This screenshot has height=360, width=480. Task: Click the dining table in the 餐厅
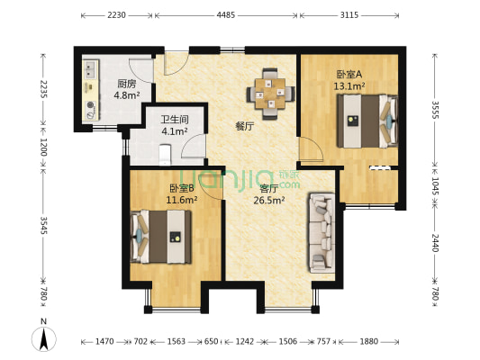(x=270, y=91)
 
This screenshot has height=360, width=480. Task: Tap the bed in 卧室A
(x=365, y=121)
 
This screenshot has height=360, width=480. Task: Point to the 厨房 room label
(x=127, y=84)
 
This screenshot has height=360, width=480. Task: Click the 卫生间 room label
(x=174, y=119)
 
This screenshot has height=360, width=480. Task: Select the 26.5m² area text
(x=271, y=202)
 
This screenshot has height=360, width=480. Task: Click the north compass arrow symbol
(x=42, y=338)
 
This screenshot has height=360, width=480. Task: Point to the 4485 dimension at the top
(x=226, y=15)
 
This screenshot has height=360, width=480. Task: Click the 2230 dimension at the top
(x=116, y=15)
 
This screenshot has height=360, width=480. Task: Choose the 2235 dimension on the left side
(x=41, y=92)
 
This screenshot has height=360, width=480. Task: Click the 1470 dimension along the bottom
(x=105, y=342)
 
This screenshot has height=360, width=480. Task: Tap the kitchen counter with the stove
(x=91, y=90)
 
